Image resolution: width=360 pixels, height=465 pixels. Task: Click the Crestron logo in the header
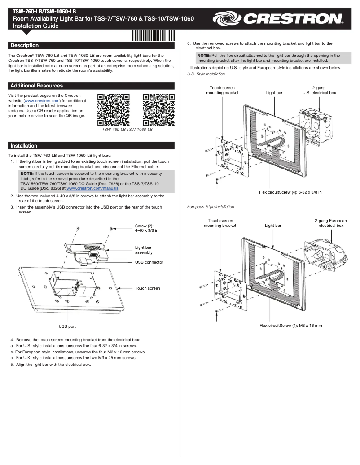click(278, 19)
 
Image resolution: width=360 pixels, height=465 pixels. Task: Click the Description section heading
click(25, 46)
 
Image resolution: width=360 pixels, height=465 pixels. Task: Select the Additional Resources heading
click(36, 86)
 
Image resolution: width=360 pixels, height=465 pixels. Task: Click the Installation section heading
click(24, 146)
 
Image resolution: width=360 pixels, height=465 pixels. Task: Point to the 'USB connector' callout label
click(149, 262)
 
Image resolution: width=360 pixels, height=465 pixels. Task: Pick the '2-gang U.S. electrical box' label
click(319, 90)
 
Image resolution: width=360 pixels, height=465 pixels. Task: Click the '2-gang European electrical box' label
click(331, 223)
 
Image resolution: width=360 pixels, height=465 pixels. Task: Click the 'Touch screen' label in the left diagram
click(147, 288)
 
